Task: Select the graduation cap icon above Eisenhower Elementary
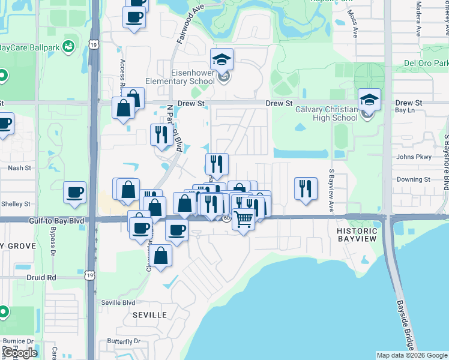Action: [221, 60]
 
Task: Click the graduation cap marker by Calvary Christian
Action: [370, 100]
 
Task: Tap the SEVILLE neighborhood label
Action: [149, 315]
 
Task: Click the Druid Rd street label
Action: [41, 278]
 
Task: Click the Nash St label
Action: [20, 168]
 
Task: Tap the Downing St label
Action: [413, 179]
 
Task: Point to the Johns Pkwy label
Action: [414, 157]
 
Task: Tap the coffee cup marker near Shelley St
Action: [75, 193]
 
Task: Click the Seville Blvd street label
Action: [118, 302]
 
